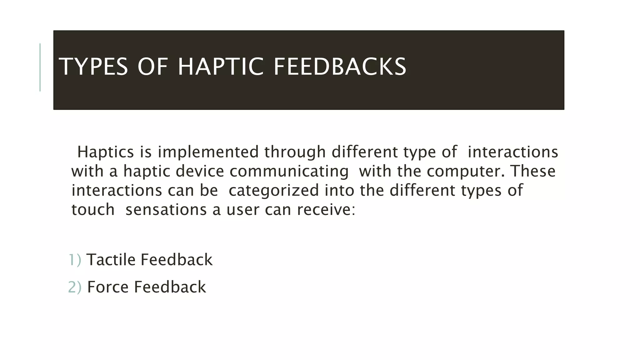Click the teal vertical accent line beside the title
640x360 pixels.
tap(40, 67)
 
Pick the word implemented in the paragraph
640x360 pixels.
tap(208, 152)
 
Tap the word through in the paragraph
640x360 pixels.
tap(295, 152)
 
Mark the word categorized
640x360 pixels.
tap(273, 190)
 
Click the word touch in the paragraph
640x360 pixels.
tap(93, 209)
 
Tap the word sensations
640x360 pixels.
tap(166, 209)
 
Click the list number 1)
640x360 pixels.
tap(75, 260)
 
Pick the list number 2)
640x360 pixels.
tap(75, 287)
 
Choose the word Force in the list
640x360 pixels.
tap(107, 287)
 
